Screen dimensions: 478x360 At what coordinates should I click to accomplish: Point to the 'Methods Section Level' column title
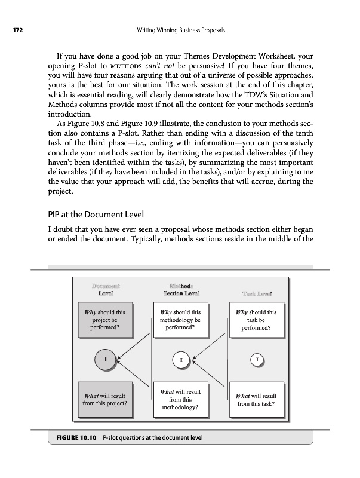[180, 289]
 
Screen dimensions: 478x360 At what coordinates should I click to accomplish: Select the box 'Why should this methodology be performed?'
[180, 320]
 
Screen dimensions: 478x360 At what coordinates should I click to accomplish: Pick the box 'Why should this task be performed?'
[256, 320]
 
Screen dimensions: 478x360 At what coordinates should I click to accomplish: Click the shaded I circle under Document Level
[106, 360]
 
